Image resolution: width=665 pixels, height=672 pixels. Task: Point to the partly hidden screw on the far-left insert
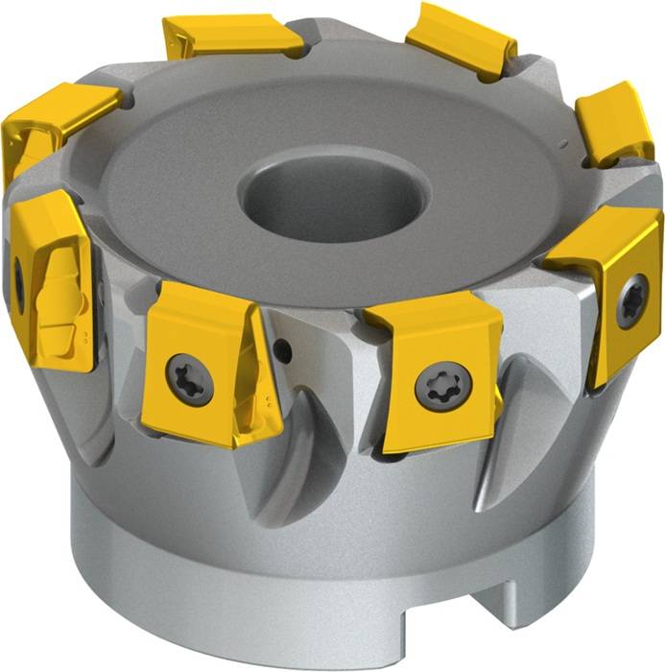coord(17,279)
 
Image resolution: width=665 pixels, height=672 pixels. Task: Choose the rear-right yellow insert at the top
coord(462,38)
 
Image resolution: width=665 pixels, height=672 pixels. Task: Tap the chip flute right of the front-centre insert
coord(523,422)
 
